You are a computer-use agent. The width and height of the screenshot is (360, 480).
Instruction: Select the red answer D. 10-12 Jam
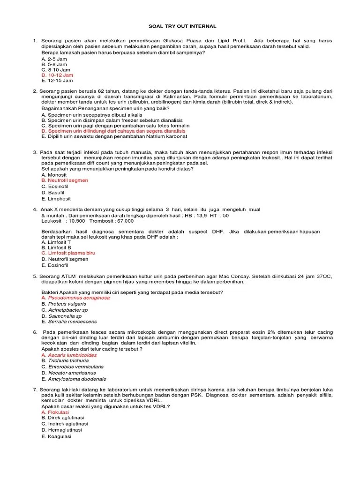point(57,75)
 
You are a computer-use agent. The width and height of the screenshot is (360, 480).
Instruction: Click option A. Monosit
point(54,174)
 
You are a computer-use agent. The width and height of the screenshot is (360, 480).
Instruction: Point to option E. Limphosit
point(56,198)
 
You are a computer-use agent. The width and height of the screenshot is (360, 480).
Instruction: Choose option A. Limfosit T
point(56,242)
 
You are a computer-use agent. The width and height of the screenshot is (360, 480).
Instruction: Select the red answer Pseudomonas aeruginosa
point(78,298)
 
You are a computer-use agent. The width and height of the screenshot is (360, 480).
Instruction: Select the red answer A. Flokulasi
point(55,412)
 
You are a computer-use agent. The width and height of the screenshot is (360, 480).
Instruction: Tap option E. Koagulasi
point(56,436)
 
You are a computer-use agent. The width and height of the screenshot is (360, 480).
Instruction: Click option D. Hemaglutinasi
point(61,430)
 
